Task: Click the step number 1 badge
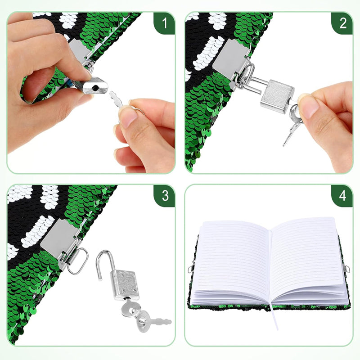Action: (164, 23)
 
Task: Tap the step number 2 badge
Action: (342, 23)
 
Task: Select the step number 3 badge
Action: (164, 196)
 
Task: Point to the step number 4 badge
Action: (342, 196)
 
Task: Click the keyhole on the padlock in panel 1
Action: (95, 87)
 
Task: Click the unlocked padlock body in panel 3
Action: (126, 285)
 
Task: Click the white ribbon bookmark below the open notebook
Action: (274, 317)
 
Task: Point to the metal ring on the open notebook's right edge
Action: (346, 268)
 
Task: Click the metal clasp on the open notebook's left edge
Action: (190, 269)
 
